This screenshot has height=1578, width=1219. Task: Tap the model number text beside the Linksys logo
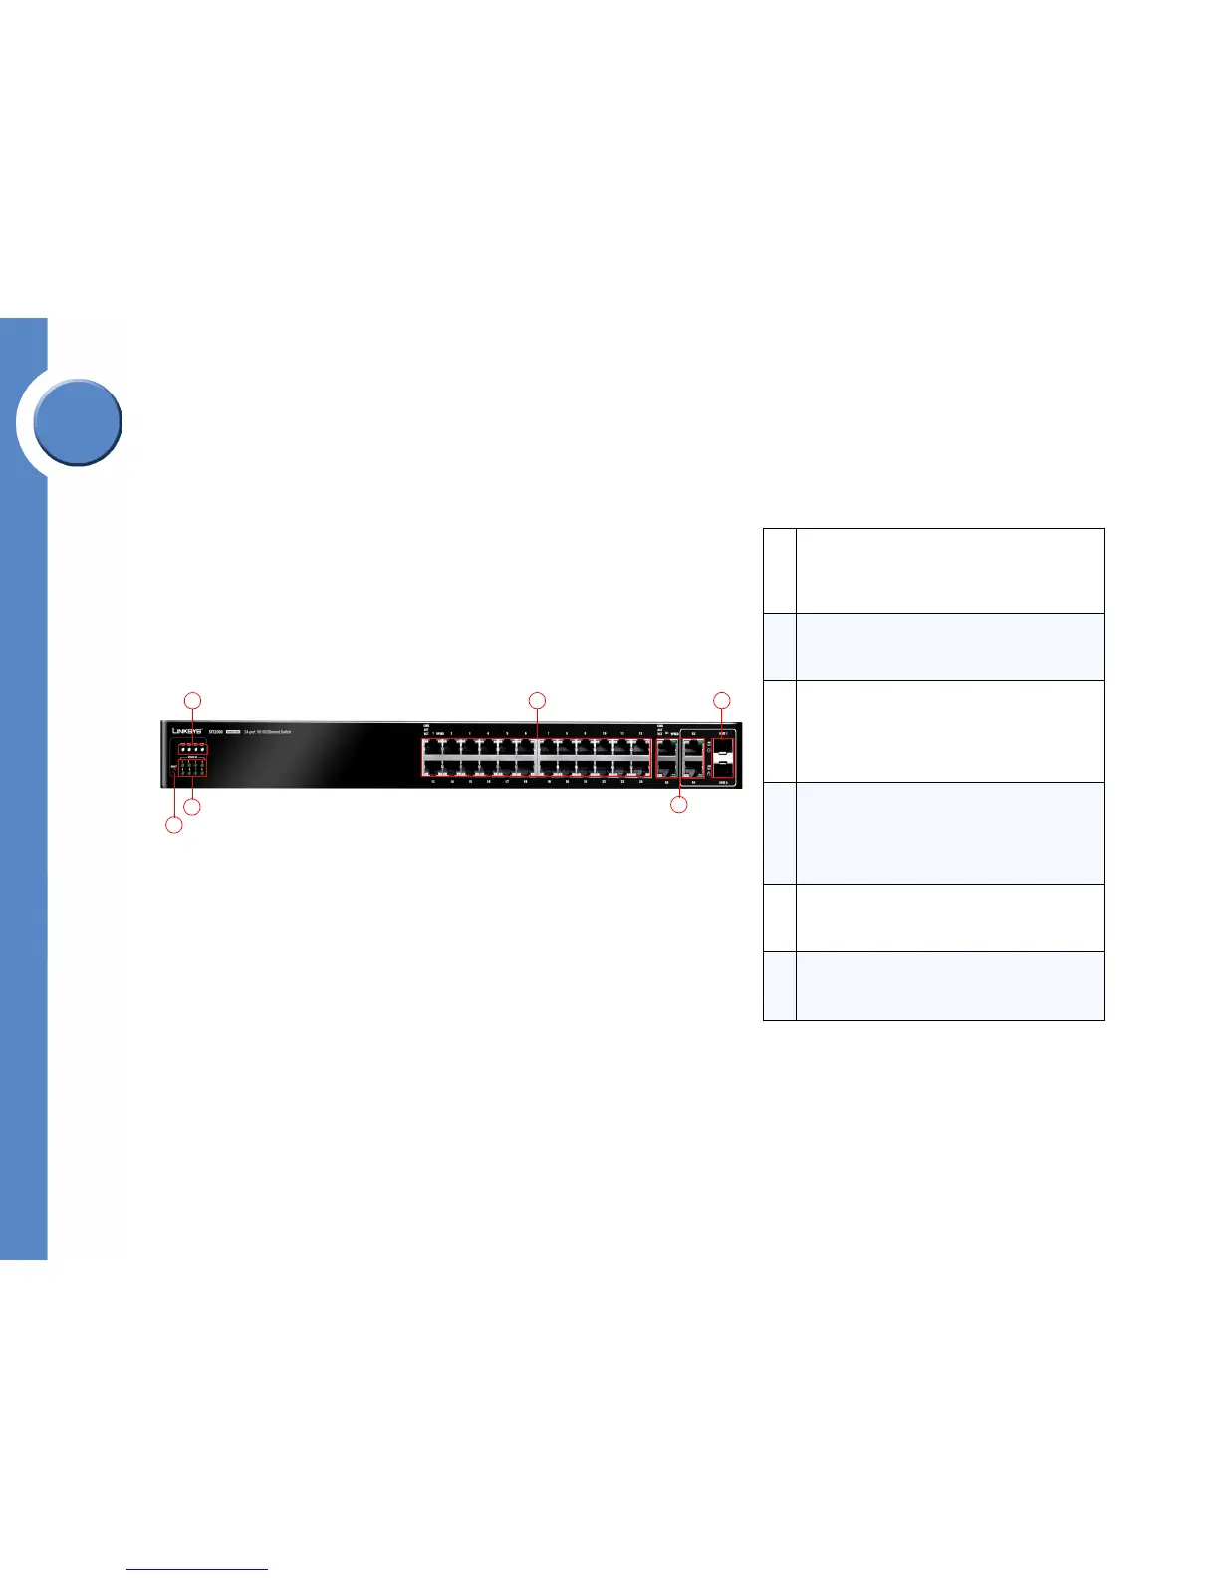pos(214,732)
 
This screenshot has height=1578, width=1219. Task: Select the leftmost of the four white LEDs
pos(181,748)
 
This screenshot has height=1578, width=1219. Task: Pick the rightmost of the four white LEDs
pos(202,748)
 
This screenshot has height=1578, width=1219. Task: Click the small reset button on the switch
pos(174,768)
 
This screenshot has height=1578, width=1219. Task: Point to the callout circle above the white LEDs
pos(193,699)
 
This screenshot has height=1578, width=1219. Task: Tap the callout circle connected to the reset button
pos(173,825)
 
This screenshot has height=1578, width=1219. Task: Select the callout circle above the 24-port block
pos(537,699)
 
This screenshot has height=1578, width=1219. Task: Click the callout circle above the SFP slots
pos(721,699)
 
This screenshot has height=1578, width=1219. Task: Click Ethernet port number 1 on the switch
pos(433,748)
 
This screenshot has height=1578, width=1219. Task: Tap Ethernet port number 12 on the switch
pos(640,748)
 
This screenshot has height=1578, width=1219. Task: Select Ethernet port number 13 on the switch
pos(433,768)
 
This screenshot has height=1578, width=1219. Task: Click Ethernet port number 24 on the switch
pos(640,768)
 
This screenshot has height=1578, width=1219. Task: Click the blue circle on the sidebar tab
pos(78,421)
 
